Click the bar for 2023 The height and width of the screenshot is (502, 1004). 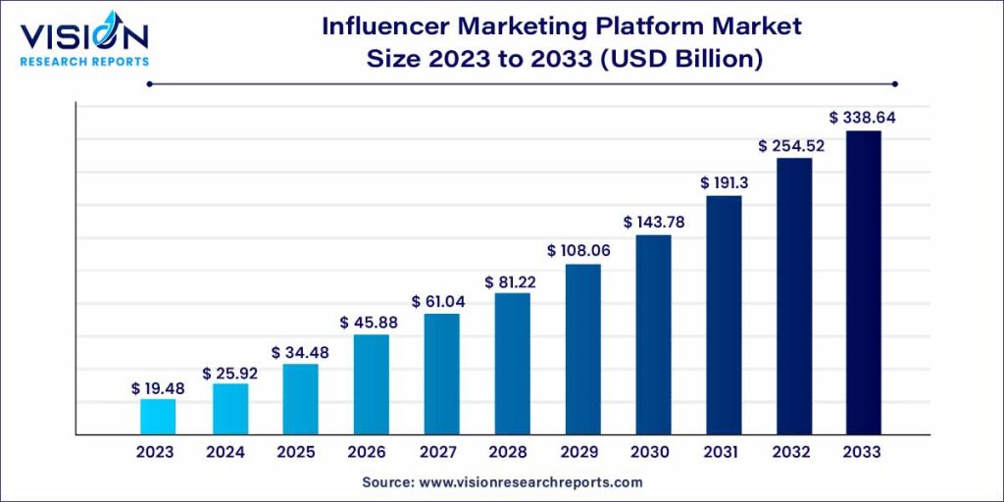[x=158, y=417]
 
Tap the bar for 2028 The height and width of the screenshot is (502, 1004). [x=511, y=364]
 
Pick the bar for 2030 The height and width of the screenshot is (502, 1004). [x=653, y=334]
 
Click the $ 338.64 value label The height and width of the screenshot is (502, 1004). [x=863, y=118]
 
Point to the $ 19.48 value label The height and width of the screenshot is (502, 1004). [x=158, y=388]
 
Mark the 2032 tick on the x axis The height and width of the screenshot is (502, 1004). [x=792, y=452]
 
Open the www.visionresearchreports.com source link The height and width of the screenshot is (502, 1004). [x=530, y=482]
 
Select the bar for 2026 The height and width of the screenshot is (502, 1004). [x=371, y=384]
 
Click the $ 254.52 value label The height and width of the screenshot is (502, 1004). [x=792, y=145]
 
